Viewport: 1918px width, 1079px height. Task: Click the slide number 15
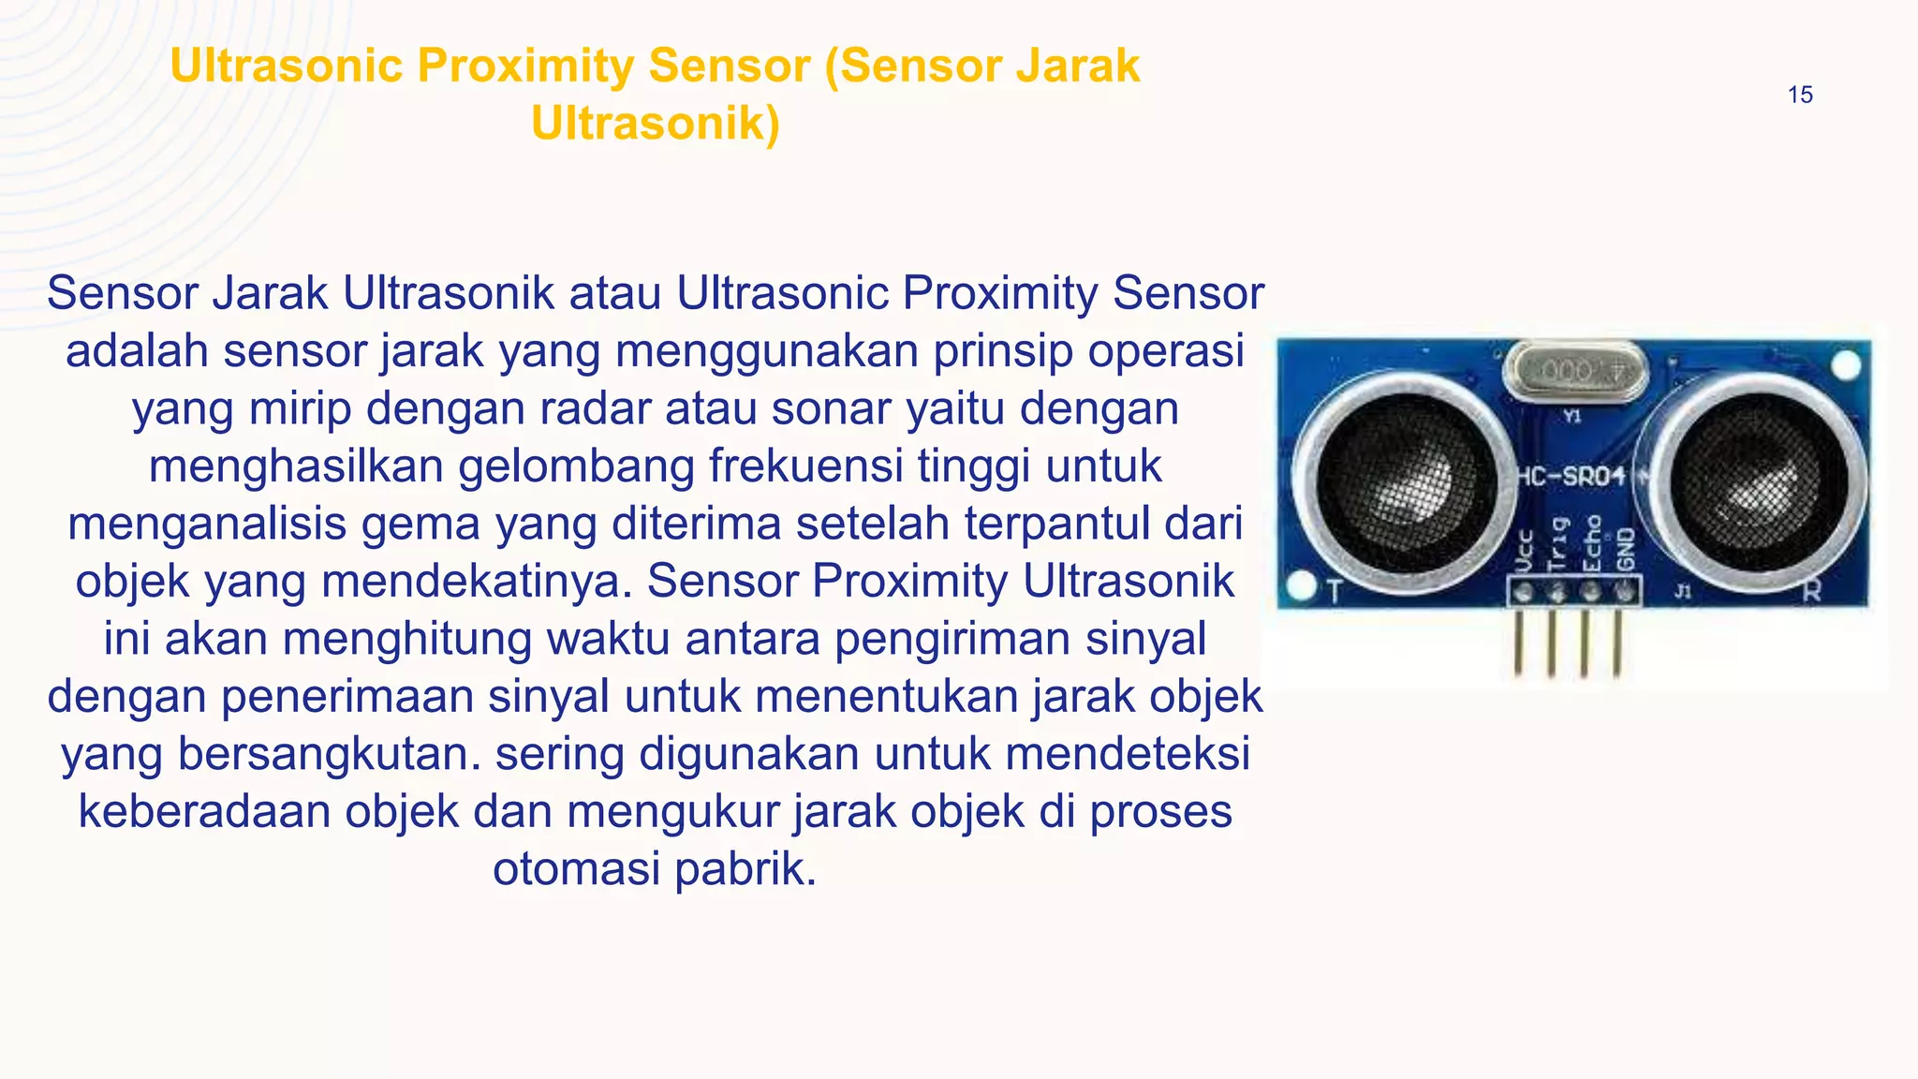1800,95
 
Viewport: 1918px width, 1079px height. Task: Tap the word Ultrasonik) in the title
656,124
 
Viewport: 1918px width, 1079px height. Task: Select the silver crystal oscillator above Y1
1574,372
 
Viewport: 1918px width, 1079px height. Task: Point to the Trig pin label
1557,543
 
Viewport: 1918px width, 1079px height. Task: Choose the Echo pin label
1591,543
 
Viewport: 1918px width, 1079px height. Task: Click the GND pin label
1625,549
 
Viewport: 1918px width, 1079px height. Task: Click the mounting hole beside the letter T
1301,588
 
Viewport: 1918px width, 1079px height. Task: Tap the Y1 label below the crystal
1572,416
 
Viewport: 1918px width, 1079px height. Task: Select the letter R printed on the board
1812,592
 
